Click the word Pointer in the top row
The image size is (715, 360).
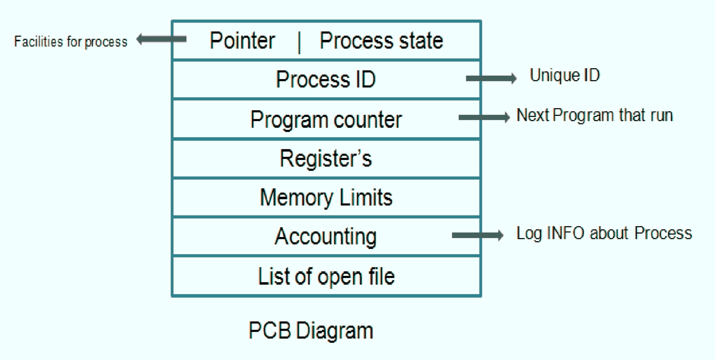[x=242, y=41]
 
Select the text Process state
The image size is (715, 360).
[x=381, y=41]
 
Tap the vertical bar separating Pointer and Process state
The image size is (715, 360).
[x=299, y=42]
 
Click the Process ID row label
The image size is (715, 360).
[x=326, y=79]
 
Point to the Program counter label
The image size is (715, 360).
[x=326, y=120]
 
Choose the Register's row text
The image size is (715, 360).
[x=326, y=159]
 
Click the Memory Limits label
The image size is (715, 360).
[x=326, y=198]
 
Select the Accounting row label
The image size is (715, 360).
[x=326, y=236]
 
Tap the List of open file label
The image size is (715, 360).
[x=326, y=276]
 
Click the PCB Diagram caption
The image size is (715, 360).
[x=311, y=331]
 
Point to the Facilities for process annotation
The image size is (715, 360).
[x=70, y=42]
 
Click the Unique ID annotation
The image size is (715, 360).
[x=564, y=75]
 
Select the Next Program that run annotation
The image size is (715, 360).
[x=594, y=115]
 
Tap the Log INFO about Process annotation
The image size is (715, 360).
[x=604, y=233]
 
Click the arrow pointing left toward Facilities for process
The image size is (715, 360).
[x=161, y=39]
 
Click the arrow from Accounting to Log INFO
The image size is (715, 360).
[x=477, y=235]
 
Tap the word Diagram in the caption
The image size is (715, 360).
[x=334, y=331]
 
